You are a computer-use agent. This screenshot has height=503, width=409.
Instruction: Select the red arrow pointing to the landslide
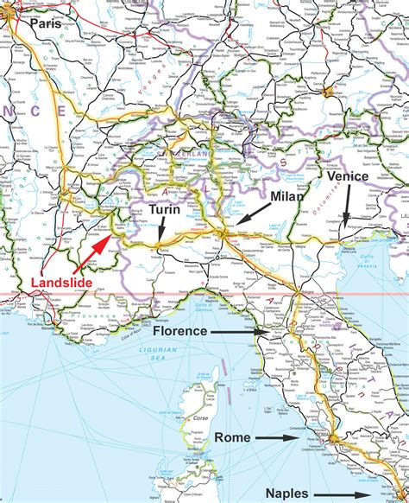point(100,245)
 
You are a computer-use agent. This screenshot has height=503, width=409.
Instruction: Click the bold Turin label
point(164,210)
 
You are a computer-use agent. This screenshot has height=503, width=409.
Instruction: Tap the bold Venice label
point(348,175)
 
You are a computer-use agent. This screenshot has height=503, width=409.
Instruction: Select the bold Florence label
point(180,330)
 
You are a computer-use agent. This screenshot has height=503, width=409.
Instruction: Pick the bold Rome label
point(233,437)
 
